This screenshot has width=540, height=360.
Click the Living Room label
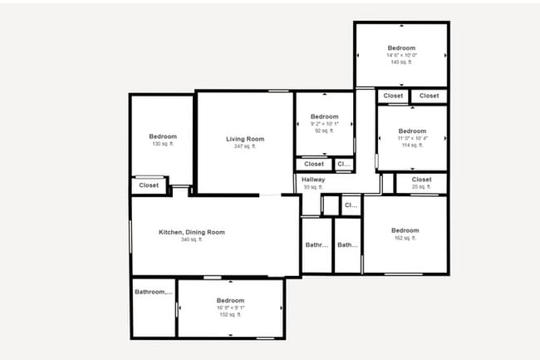[245, 139]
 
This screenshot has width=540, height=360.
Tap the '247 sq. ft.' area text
[245, 147]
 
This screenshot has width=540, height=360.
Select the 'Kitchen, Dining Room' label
[192, 232]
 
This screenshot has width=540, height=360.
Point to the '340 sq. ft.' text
[192, 240]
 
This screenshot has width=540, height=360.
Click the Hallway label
[313, 180]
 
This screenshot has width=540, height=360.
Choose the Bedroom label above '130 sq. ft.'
[163, 136]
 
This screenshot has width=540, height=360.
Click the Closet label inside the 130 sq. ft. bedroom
[149, 185]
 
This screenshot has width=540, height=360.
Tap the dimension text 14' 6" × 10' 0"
[401, 56]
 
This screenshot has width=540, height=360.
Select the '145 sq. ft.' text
[401, 63]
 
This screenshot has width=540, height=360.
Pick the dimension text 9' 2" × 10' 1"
[324, 124]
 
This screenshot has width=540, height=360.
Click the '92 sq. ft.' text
[324, 131]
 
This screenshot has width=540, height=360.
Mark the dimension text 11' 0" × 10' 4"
[411, 138]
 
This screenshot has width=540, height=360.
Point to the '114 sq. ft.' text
[411, 145]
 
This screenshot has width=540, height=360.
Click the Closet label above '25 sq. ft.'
[421, 180]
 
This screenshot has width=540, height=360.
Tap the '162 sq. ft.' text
[405, 239]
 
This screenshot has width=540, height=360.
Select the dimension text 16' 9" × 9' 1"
[230, 308]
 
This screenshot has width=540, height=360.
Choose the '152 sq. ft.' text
[230, 315]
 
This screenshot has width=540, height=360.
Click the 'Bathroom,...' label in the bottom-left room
[154, 292]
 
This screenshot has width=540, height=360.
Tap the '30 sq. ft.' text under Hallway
[313, 188]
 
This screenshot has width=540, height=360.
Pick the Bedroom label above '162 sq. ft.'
[405, 230]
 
